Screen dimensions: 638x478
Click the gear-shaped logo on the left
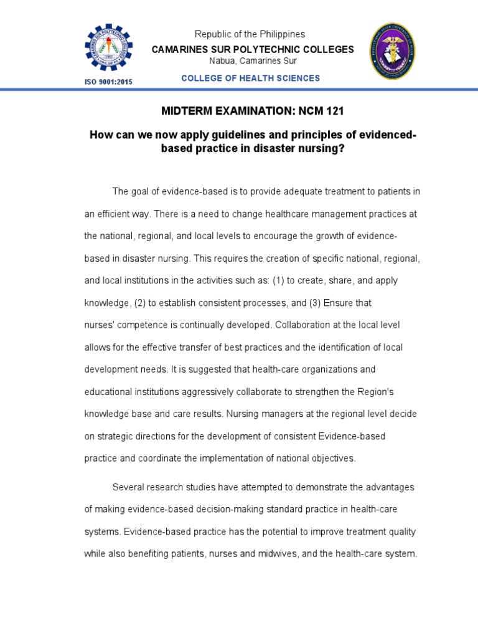point(108,49)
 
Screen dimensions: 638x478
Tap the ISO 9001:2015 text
point(108,82)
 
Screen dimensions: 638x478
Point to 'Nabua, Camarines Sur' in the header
point(253,60)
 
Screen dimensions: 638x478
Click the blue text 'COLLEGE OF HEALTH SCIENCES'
point(250,78)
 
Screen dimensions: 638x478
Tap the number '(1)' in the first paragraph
point(278,280)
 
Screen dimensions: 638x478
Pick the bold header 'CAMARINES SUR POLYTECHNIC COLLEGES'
point(253,49)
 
